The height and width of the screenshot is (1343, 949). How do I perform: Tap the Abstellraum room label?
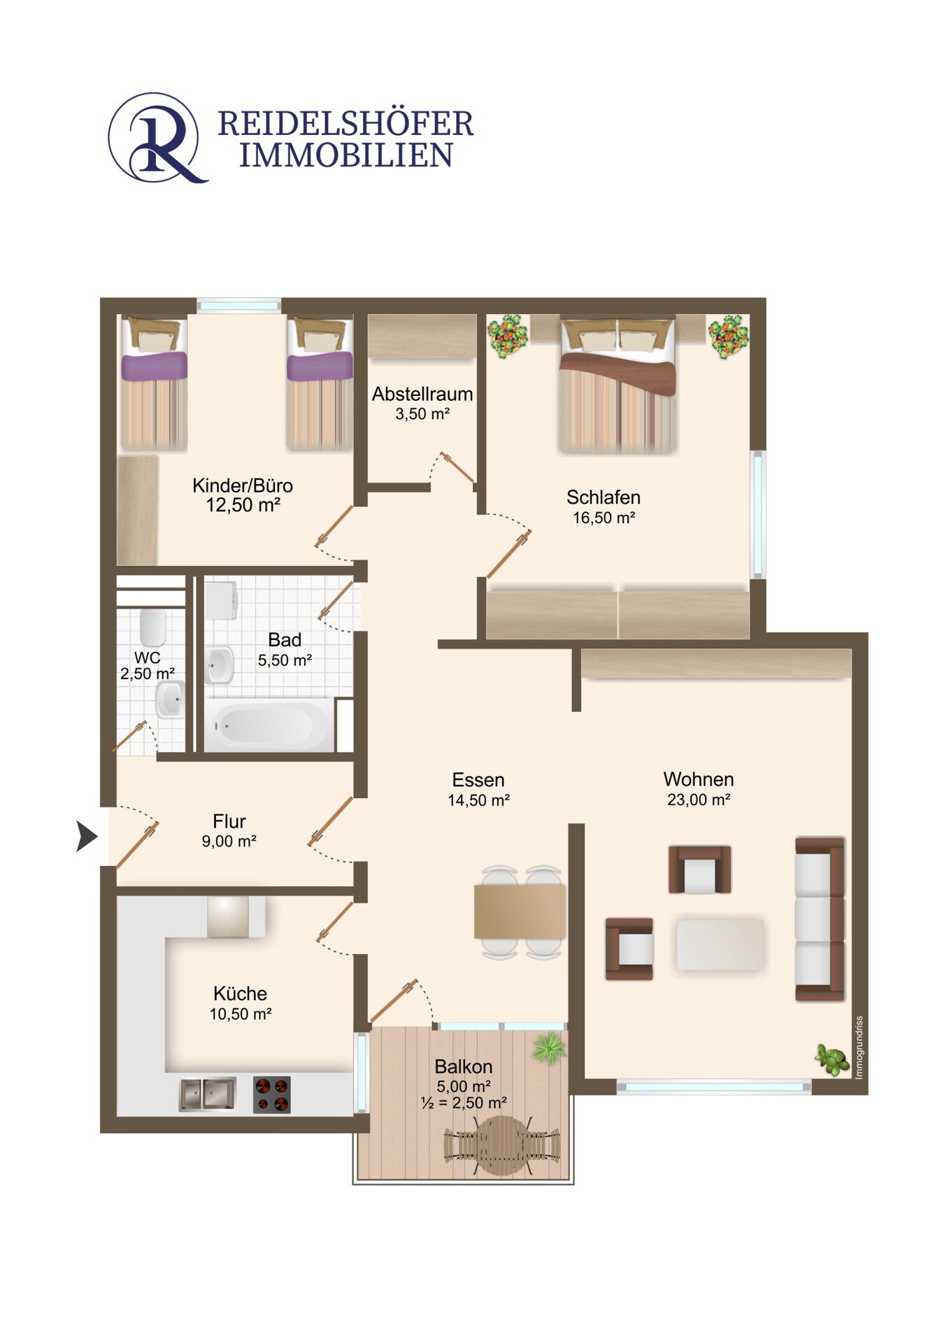(422, 394)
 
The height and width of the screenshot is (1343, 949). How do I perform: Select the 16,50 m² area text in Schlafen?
(604, 518)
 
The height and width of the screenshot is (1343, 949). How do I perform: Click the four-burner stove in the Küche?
(271, 1095)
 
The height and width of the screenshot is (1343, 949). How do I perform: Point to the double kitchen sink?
(208, 1094)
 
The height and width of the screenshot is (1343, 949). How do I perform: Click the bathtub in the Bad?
(269, 725)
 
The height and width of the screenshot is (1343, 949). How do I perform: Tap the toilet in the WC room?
(152, 628)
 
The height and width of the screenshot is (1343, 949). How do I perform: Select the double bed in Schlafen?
(618, 384)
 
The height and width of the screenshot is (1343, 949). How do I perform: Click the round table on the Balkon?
(502, 1145)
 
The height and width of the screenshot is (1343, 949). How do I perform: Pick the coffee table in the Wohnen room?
(720, 944)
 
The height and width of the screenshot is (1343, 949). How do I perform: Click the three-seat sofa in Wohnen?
(820, 918)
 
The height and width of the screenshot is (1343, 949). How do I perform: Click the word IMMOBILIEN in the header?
(346, 155)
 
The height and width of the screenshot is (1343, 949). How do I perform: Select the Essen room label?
(478, 780)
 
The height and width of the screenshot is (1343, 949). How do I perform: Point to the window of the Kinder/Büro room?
(238, 305)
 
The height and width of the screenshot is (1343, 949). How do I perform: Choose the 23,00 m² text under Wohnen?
(699, 800)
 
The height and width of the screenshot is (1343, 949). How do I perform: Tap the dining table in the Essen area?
(520, 911)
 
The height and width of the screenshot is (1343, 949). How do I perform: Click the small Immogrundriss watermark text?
(859, 1048)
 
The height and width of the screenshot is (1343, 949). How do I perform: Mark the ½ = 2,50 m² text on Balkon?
(464, 1103)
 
